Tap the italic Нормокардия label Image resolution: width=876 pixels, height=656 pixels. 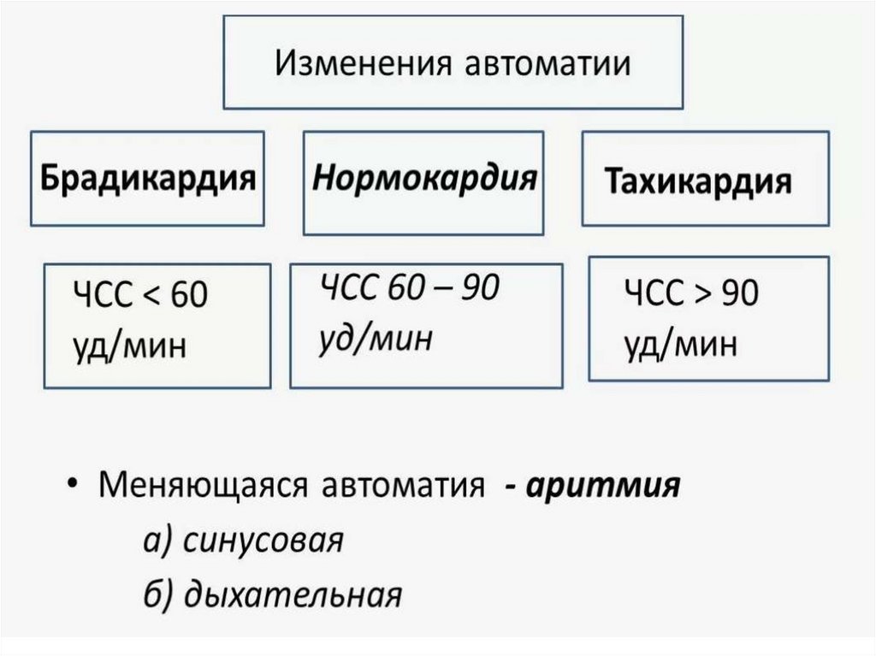coord(424,179)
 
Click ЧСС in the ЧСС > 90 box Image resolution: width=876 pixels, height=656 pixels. coord(654,293)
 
